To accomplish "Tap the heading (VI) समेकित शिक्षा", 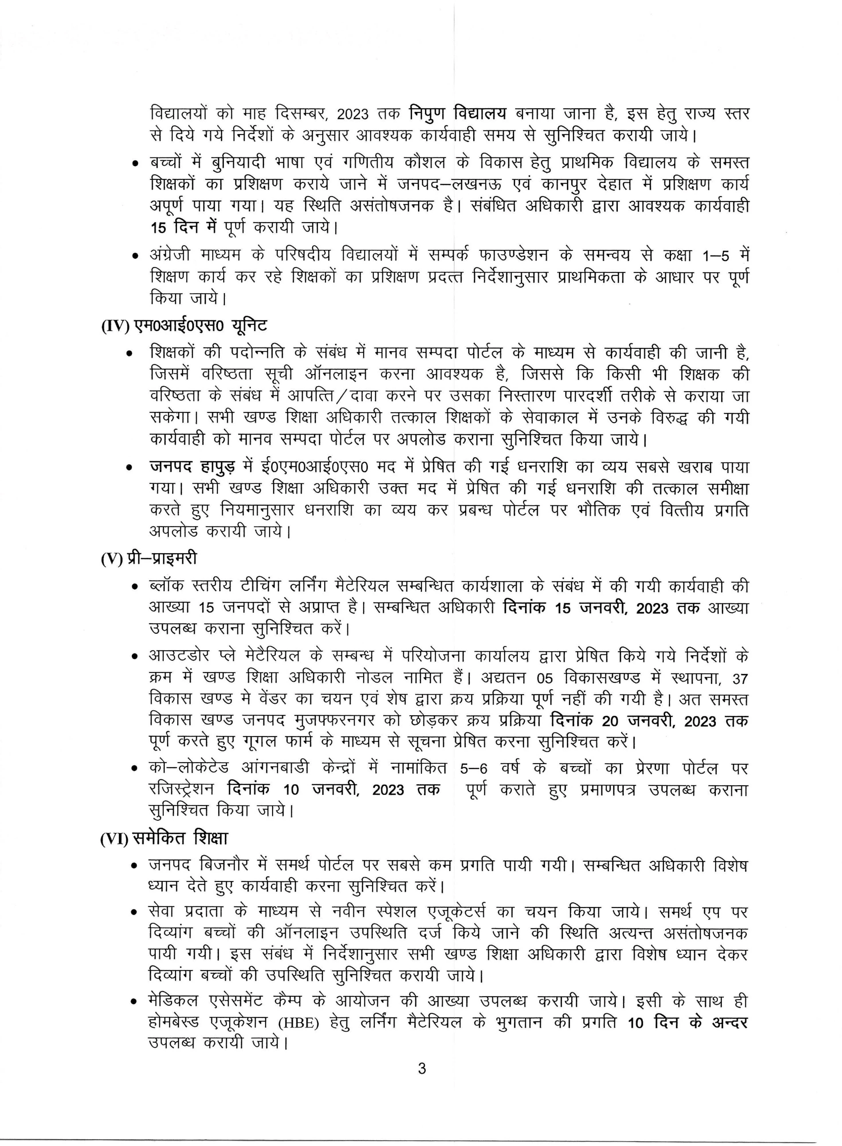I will click(x=164, y=838).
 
